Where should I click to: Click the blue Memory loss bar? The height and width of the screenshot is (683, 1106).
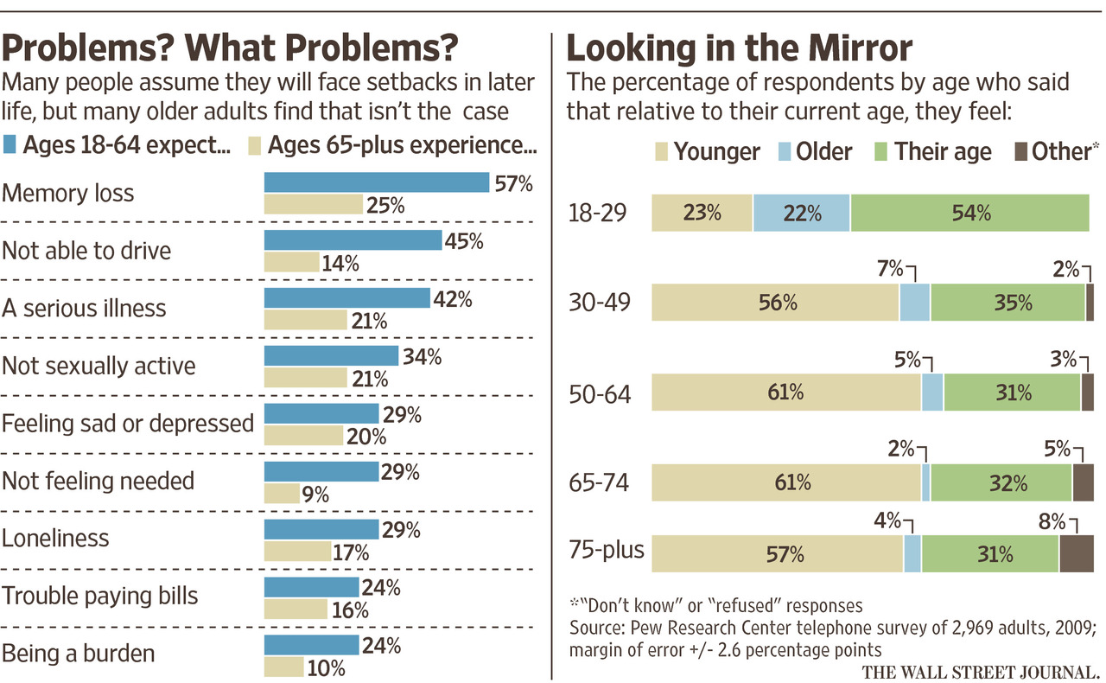376,182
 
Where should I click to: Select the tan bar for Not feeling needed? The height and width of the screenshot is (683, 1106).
282,493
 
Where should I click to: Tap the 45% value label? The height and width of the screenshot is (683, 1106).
464,240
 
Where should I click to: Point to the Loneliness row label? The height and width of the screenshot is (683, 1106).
55,538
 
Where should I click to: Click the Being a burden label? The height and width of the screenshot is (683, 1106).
78,652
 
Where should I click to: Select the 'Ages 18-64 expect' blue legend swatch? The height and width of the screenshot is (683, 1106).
10,144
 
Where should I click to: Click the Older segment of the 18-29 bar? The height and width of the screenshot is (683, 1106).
801,213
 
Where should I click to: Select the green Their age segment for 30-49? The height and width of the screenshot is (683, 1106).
1007,303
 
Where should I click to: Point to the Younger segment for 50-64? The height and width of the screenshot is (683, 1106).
785,392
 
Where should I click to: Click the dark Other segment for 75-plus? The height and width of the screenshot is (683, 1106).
1076,553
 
